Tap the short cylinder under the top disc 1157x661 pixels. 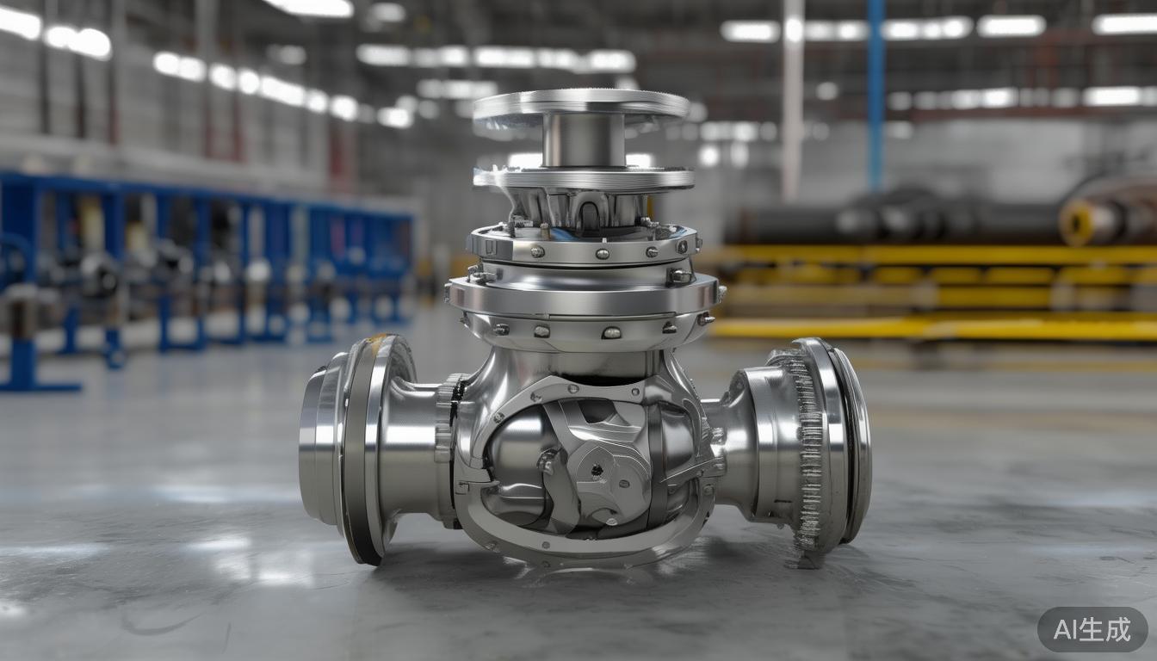[x=583, y=140]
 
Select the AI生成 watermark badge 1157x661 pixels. [x=1092, y=629]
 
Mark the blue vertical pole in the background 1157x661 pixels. [x=876, y=95]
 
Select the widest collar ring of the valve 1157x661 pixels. [x=583, y=295]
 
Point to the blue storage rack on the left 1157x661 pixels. [x=198, y=258]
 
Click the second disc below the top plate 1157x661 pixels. [x=583, y=178]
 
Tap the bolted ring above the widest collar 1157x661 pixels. [x=583, y=244]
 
